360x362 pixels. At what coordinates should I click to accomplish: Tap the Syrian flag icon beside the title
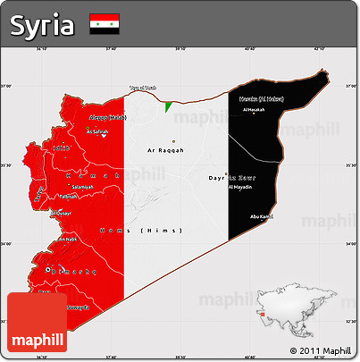pos(105,25)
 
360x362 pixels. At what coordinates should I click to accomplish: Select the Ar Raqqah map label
pos(165,150)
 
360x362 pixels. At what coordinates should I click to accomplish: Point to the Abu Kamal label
pos(263,215)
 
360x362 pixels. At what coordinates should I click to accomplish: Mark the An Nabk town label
pos(68,240)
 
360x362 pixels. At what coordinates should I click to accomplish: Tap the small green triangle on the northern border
pos(168,106)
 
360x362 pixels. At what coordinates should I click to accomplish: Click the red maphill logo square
pos(36,322)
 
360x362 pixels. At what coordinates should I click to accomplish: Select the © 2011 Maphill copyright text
pos(320,349)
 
